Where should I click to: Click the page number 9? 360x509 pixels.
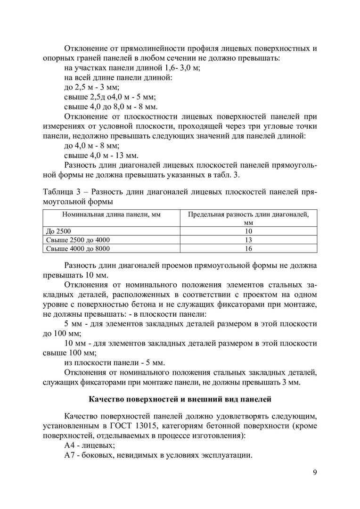[314, 473]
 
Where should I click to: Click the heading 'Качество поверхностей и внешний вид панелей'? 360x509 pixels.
[180, 400]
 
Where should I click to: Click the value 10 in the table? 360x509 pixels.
[248, 231]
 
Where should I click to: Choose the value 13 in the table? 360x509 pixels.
[248, 240]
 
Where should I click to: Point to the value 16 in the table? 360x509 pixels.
[248, 248]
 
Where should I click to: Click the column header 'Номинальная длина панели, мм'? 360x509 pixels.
[111, 214]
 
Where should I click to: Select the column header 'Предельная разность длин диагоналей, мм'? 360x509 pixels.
[248, 218]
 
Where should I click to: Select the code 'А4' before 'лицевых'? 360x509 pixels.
[69, 445]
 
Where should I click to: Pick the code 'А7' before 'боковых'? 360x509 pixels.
[69, 455]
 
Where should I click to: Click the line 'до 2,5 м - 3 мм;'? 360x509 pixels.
[91, 87]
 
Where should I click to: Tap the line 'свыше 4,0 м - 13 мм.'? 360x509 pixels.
[100, 156]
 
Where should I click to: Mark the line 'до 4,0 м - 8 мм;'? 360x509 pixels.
[91, 146]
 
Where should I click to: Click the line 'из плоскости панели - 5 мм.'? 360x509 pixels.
[114, 362]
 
